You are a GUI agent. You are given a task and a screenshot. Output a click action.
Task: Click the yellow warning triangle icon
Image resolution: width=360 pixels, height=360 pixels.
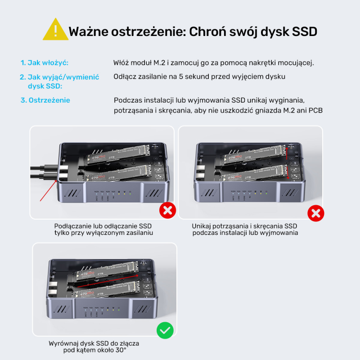tap(55, 30)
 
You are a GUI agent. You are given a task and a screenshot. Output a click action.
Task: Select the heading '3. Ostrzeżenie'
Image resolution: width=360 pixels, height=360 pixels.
tap(45, 100)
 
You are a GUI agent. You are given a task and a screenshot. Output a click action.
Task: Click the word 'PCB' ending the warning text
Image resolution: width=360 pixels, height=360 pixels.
tap(315, 110)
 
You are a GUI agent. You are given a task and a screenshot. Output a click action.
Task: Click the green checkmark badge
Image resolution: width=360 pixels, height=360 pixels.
tap(165, 331)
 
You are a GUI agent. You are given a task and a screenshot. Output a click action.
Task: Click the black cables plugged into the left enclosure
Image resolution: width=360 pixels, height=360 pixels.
tap(43, 171)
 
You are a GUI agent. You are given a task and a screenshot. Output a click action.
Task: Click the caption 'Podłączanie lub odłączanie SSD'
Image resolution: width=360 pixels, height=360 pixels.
tap(103, 225)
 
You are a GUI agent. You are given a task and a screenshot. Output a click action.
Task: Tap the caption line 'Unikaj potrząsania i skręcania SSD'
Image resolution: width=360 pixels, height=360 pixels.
tap(244, 225)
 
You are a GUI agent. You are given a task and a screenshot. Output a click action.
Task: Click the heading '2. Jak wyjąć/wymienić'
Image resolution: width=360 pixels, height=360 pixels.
tap(59, 77)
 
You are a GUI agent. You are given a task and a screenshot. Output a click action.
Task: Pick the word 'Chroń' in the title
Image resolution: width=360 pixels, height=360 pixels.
tap(208, 31)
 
